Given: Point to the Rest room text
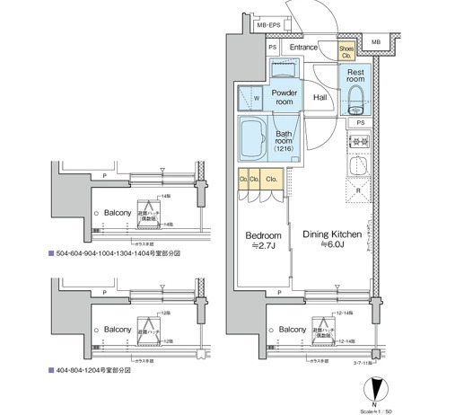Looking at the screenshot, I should point(355,76).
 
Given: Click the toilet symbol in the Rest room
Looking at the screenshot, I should point(355,97).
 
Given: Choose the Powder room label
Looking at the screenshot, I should point(285,97).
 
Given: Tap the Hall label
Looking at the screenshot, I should point(320,98).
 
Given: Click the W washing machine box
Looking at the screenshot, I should point(257,99).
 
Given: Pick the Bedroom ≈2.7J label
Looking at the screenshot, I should point(263,240).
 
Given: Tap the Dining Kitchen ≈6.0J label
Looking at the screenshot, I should point(331,240).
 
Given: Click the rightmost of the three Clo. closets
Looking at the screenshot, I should point(271,180).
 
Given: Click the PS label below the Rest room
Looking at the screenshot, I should point(359,122).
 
